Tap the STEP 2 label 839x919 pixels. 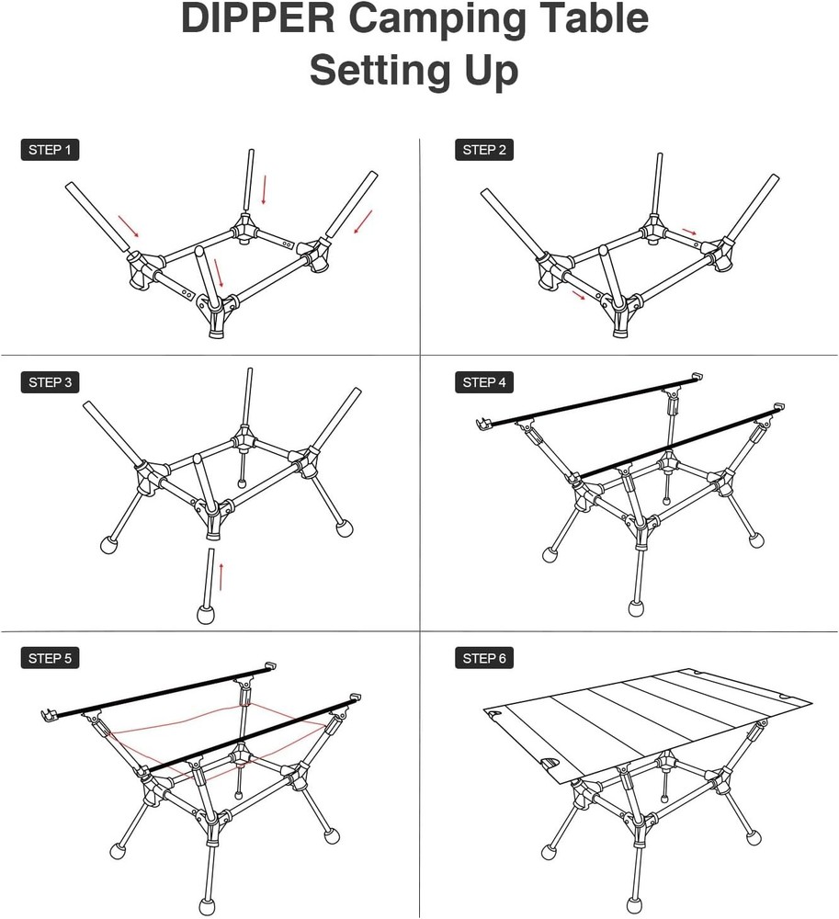(x=484, y=150)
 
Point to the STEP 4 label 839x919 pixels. (x=484, y=382)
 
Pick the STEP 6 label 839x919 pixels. (x=484, y=658)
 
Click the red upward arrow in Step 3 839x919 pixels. (x=221, y=576)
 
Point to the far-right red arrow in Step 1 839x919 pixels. (x=364, y=221)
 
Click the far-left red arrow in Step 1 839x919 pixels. (x=128, y=226)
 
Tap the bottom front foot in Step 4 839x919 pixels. (x=636, y=608)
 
